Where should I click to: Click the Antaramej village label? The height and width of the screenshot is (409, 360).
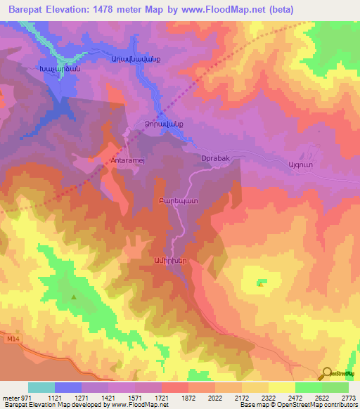click(x=128, y=160)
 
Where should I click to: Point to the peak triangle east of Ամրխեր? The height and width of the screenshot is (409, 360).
click(x=261, y=284)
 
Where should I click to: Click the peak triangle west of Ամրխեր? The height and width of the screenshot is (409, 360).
click(x=72, y=297)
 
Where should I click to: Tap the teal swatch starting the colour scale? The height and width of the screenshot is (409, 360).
click(x=41, y=387)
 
